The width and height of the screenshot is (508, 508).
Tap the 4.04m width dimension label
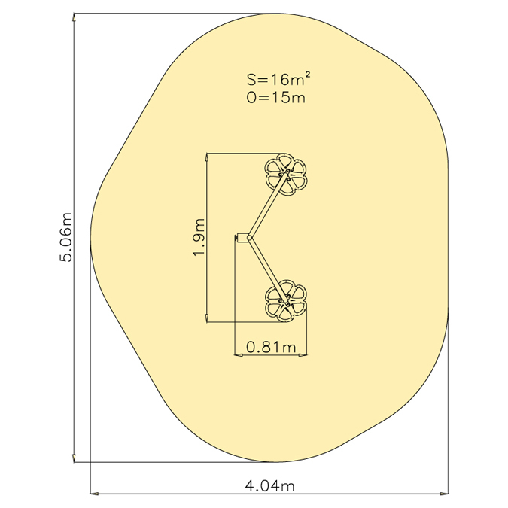269,486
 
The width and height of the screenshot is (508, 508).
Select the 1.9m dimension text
199,237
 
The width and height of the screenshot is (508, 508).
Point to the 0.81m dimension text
271,347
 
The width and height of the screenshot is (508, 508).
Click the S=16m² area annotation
275,79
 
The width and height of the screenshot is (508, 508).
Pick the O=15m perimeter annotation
275,97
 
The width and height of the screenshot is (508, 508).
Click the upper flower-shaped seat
286,174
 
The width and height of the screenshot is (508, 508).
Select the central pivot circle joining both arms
249,238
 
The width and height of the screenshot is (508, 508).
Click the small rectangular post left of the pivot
242,238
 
